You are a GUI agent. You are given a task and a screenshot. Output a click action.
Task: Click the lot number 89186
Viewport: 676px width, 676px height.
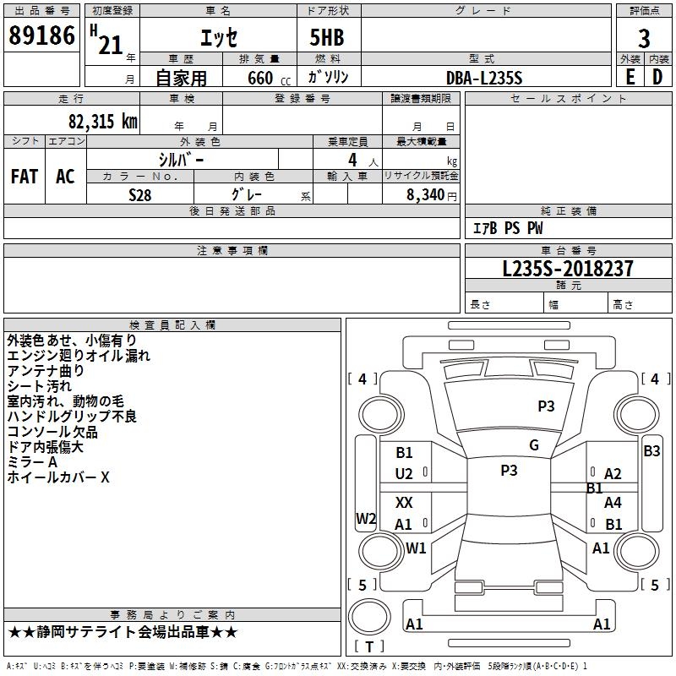pos(41,35)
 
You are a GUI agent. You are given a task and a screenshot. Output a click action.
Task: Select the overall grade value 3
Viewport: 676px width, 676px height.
pos(644,38)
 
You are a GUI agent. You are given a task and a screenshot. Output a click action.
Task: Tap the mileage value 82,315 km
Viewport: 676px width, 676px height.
pos(103,121)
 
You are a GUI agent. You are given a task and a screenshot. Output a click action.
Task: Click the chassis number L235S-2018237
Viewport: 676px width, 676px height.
pos(568,269)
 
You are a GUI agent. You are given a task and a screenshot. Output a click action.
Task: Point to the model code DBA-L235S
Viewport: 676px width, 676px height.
pos(484,78)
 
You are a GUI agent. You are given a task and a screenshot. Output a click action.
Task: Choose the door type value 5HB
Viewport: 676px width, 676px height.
pos(327,37)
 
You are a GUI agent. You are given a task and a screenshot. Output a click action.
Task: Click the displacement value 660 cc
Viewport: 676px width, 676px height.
pos(269,78)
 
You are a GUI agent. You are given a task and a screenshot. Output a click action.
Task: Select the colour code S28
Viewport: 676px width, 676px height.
pos(140,195)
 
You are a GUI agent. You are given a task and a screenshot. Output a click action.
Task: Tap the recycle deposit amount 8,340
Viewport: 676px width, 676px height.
pos(426,195)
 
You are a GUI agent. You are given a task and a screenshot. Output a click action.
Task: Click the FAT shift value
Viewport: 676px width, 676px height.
pos(25,177)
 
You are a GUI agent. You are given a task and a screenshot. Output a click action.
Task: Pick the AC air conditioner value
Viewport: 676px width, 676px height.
pos(65,177)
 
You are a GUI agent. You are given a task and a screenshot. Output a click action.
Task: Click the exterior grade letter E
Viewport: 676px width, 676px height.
pos(630,77)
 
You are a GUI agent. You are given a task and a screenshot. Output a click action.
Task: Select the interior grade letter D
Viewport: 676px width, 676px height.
pos(657,77)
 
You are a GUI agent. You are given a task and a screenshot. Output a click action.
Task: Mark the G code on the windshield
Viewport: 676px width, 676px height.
pos(534,445)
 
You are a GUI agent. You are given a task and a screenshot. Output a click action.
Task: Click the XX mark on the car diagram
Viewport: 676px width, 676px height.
pos(404,502)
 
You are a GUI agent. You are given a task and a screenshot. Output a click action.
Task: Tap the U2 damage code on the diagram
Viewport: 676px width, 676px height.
pos(404,474)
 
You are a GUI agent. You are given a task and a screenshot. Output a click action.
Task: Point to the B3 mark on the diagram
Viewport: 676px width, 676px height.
pos(651,451)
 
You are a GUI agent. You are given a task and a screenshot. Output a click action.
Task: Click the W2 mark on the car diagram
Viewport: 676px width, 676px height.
pos(366,518)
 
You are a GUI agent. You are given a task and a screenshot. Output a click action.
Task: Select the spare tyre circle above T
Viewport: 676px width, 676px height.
pos(369,617)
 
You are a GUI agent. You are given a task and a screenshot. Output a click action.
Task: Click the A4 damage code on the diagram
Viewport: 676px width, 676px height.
pos(613,502)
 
